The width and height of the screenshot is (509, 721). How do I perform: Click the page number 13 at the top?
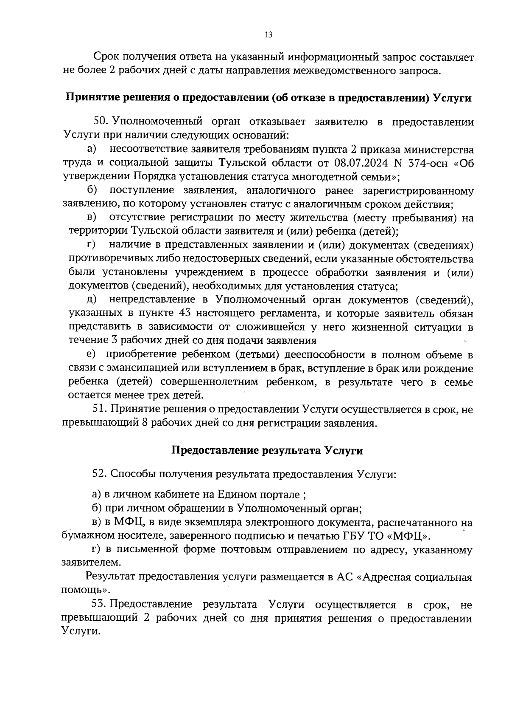[268, 35]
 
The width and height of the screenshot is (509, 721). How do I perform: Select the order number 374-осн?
[425, 163]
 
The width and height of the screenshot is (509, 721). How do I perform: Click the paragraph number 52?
[101, 474]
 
